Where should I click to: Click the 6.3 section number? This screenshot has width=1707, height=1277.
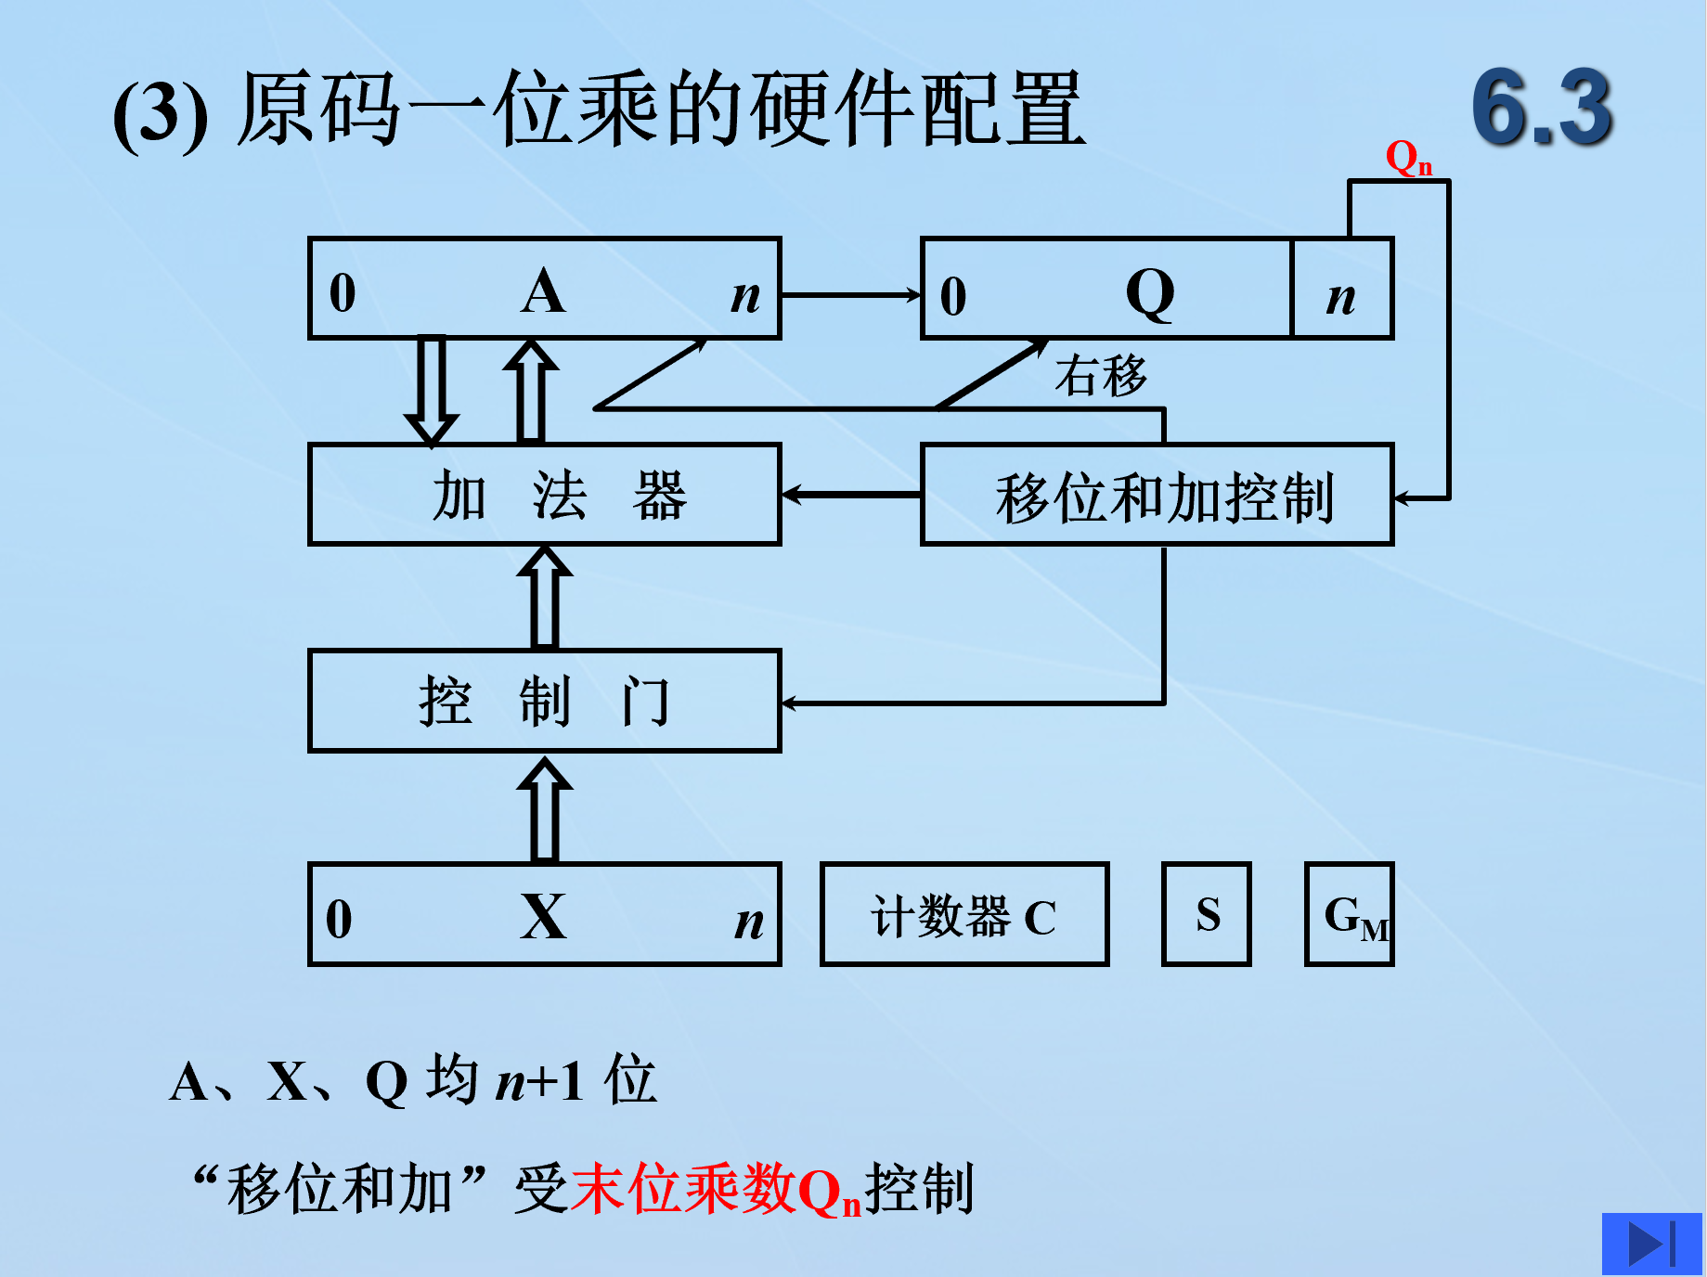point(1542,108)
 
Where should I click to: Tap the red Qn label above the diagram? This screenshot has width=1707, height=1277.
point(1407,158)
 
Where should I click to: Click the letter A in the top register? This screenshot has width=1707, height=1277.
point(543,291)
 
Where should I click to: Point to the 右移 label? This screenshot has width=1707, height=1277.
point(1101,376)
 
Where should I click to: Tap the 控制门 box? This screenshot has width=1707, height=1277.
point(545,701)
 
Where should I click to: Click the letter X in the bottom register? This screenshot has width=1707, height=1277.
point(543,917)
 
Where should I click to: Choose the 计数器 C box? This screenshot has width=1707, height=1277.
point(963,915)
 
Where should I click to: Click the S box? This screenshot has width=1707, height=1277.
point(1206,915)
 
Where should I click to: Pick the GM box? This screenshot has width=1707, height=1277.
point(1349,915)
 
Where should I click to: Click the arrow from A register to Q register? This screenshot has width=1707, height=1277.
point(849,295)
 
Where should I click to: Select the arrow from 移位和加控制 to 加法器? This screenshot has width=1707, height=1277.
point(850,495)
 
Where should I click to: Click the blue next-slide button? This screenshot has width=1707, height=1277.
point(1651,1244)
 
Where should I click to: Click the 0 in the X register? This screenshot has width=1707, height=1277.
point(339,919)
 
